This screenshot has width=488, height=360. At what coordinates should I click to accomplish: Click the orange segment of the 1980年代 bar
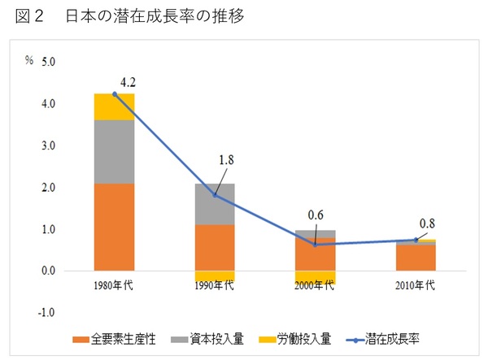[115, 227]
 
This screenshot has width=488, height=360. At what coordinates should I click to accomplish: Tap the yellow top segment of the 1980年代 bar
[115, 106]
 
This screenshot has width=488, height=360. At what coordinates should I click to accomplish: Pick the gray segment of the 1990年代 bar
[215, 204]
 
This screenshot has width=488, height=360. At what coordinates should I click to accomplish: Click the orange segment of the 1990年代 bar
[215, 247]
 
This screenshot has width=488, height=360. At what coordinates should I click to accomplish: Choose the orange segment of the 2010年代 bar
[416, 258]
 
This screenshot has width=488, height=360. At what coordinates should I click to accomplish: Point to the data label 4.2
[128, 82]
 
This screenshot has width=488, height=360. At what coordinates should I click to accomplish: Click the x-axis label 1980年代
[115, 285]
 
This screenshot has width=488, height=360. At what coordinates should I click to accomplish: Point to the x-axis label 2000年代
[316, 285]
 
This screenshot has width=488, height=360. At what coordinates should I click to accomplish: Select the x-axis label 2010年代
[416, 285]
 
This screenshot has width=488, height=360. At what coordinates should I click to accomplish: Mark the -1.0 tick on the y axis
[46, 313]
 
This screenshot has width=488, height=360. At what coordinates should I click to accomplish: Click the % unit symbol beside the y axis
[28, 62]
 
